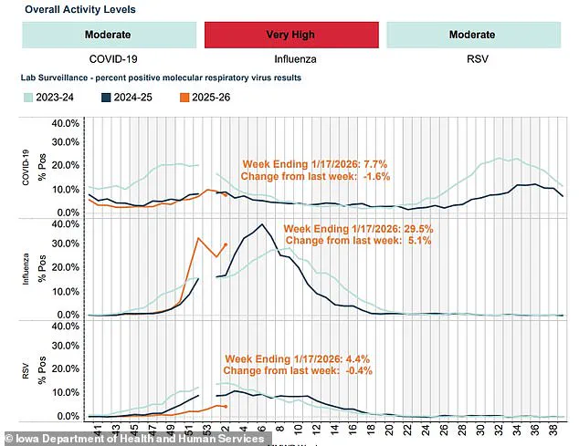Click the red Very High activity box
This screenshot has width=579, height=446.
click(x=290, y=35)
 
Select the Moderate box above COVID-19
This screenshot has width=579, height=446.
click(x=107, y=35)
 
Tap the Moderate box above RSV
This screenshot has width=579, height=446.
click(x=472, y=35)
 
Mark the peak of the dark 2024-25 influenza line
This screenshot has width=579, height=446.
click(x=263, y=224)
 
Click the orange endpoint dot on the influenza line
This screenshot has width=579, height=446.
click(x=226, y=244)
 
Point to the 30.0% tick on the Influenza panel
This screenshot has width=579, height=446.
click(x=68, y=244)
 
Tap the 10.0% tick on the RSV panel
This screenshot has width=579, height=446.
click(x=68, y=392)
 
